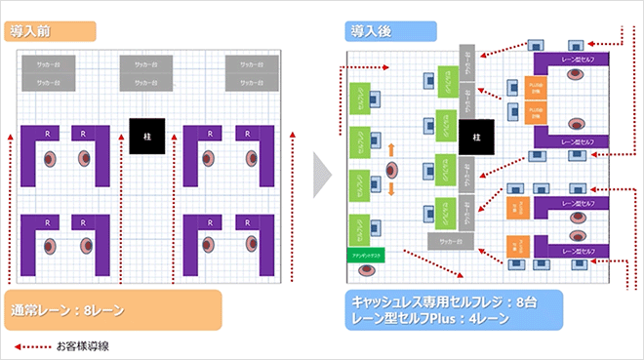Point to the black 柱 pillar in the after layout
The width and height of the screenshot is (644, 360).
click(x=476, y=138)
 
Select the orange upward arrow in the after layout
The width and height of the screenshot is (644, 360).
click(x=391, y=149)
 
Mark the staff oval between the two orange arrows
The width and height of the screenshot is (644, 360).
click(x=392, y=169)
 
